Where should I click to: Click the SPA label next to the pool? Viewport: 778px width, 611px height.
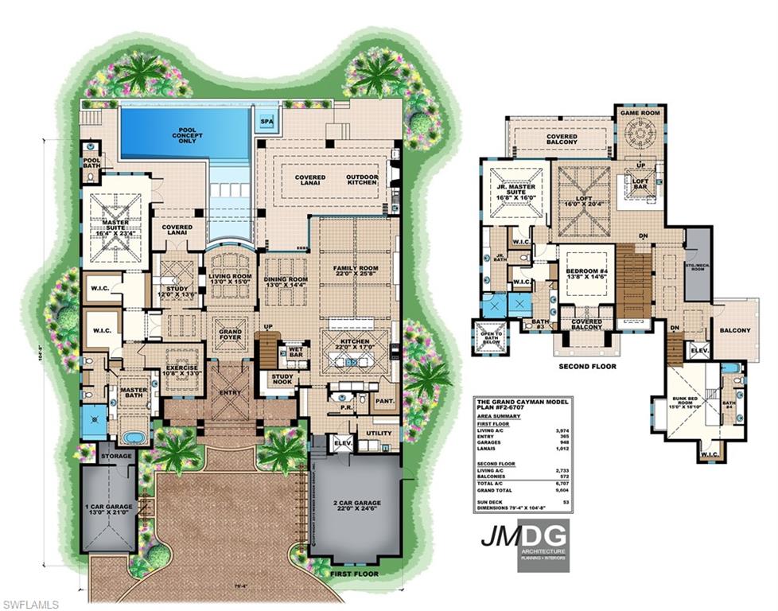(265, 122)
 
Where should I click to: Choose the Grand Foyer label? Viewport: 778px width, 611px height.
(230, 332)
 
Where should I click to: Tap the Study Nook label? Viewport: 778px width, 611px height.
(282, 380)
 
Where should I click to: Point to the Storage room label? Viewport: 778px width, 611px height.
(116, 456)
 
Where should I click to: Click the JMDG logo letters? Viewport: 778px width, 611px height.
(522, 535)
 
